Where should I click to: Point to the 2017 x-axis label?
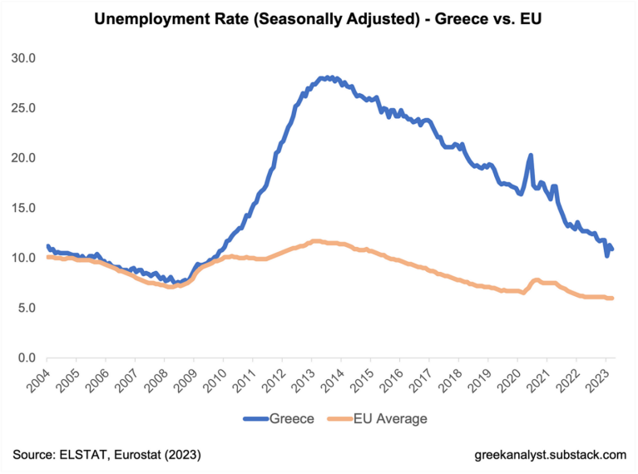pos(421,378)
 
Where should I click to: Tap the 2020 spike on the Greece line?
pos(531,156)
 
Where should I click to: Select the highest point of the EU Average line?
pos(315,241)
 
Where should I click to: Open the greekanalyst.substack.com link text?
pos(549,454)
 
